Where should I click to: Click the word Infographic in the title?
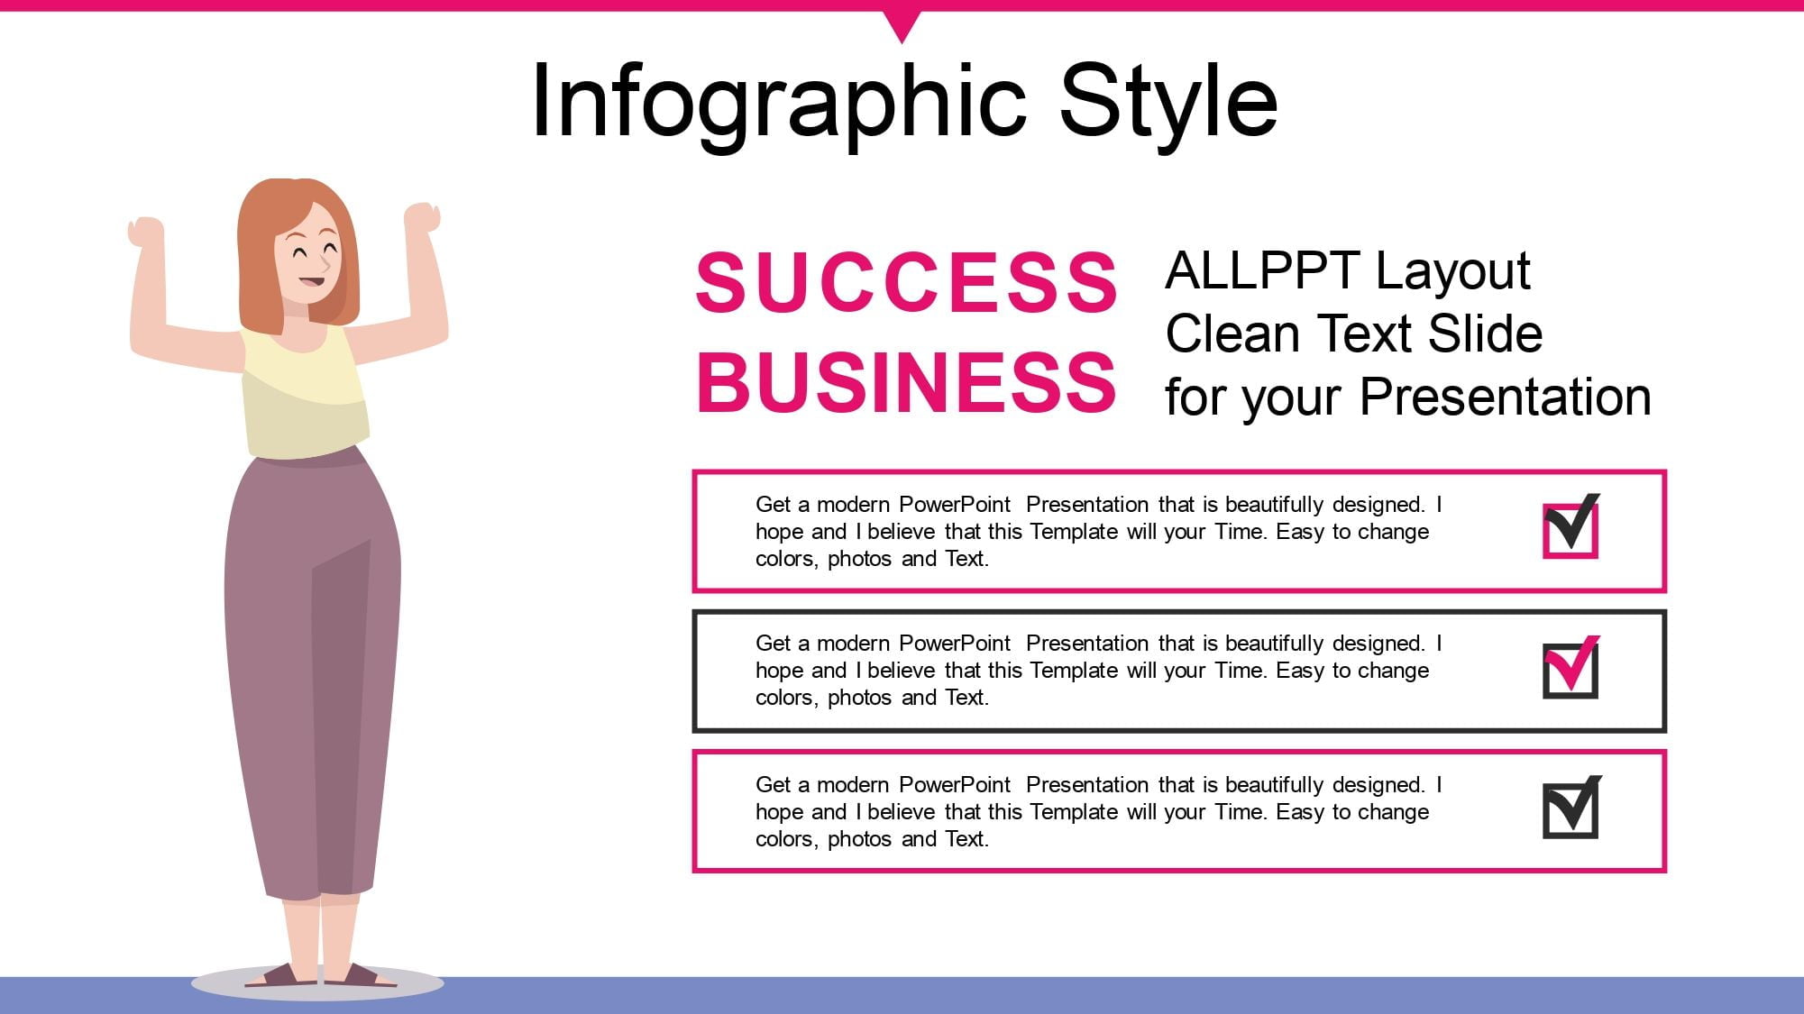click(779, 101)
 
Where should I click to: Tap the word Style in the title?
click(1168, 101)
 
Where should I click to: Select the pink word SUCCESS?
click(907, 281)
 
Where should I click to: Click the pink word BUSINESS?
click(907, 381)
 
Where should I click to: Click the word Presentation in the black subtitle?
click(1505, 397)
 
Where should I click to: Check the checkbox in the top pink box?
click(1571, 526)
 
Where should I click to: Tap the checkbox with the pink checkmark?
click(1571, 667)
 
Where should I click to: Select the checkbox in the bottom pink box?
click(1571, 807)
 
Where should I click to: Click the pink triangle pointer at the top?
click(902, 23)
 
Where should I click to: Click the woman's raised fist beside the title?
click(421, 217)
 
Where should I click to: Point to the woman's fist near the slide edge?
click(146, 231)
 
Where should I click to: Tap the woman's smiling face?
click(312, 257)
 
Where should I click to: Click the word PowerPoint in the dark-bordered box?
click(955, 644)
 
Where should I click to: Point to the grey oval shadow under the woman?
click(317, 984)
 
